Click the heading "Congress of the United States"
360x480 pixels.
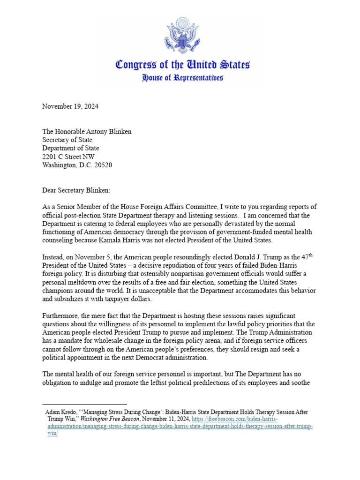(182, 65)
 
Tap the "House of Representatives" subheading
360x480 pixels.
(182, 78)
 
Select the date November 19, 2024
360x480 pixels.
(70, 106)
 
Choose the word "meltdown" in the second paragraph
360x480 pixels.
(92, 283)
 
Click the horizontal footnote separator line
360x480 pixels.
(84, 404)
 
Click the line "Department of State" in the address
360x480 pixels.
(71, 149)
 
